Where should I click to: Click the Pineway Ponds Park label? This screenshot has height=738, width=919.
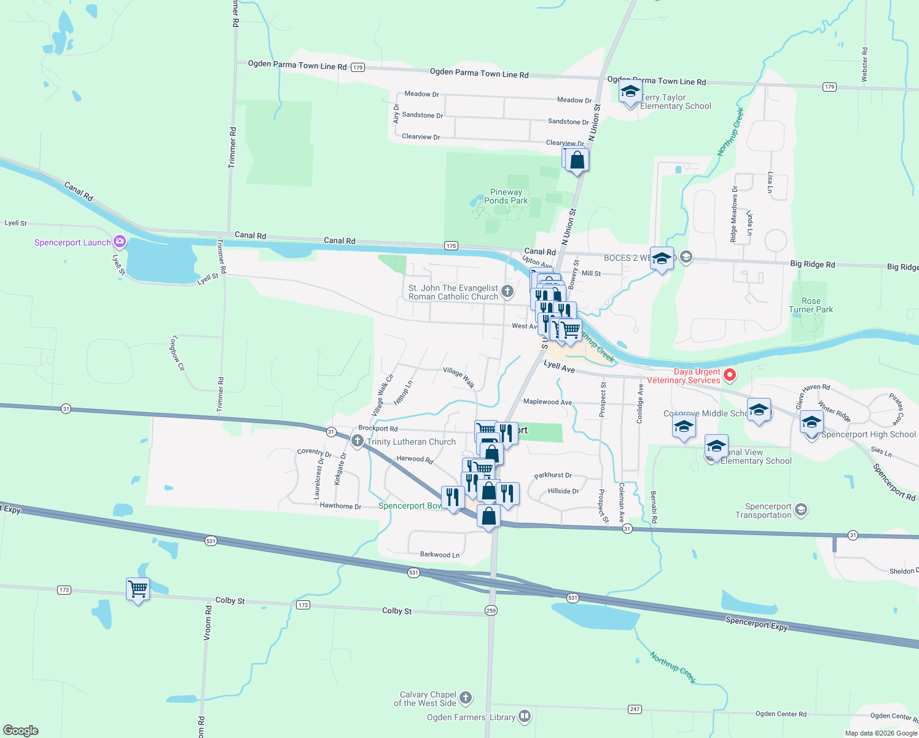[506, 197]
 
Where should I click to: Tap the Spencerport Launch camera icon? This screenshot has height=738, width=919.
[120, 242]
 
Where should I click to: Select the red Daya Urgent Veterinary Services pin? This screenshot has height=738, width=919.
[729, 375]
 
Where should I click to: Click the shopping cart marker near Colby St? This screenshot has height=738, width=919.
[138, 589]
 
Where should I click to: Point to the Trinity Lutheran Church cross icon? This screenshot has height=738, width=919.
[357, 441]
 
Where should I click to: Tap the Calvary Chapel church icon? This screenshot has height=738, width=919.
[466, 698]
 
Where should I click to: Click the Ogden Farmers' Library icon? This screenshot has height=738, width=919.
[524, 716]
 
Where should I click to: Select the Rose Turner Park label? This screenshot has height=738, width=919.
[811, 306]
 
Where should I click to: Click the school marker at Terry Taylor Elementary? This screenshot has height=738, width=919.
[630, 93]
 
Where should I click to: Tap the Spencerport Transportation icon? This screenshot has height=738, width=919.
[800, 510]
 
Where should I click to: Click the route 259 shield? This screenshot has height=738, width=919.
[490, 611]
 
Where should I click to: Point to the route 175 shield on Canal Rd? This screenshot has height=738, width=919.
[452, 246]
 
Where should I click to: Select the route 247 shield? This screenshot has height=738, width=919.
[635, 709]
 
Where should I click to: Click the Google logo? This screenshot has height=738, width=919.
[21, 731]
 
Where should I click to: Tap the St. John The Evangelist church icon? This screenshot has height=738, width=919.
[507, 292]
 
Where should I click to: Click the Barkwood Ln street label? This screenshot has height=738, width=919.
[439, 555]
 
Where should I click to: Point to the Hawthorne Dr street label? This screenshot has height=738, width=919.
[340, 506]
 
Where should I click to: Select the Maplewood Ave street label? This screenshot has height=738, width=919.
[547, 402]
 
